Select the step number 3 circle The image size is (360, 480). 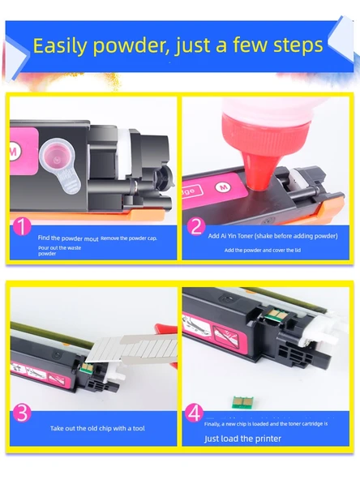point(22,413)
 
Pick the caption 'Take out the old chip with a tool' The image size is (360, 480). point(97,428)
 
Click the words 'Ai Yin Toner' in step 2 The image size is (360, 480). point(237,235)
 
